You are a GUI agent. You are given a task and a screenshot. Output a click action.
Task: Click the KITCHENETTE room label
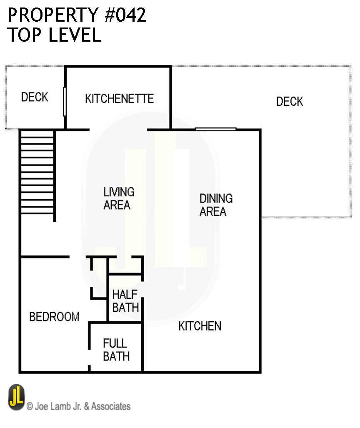(x=119, y=99)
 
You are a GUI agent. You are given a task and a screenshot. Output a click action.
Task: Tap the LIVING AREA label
(x=119, y=198)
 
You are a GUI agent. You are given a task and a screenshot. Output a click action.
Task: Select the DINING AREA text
(x=215, y=205)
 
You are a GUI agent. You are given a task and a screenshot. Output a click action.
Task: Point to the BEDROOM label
(x=54, y=317)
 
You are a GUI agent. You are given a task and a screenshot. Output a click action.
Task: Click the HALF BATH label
(x=125, y=301)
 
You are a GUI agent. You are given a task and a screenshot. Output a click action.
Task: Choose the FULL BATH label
(x=116, y=350)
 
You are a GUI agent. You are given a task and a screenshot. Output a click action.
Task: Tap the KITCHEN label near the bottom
(x=200, y=326)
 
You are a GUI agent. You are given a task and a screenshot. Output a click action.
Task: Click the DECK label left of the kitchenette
(x=35, y=97)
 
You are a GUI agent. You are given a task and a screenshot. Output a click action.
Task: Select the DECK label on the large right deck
(x=290, y=101)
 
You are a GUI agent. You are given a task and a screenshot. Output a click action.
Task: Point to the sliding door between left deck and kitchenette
(x=65, y=101)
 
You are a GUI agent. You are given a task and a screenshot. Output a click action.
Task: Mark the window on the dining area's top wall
(x=216, y=129)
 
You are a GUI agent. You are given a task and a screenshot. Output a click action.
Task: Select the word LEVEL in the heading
(x=75, y=35)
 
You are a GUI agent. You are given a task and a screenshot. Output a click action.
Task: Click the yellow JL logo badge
(x=16, y=397)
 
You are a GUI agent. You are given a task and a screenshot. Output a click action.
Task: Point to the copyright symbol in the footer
(x=30, y=406)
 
